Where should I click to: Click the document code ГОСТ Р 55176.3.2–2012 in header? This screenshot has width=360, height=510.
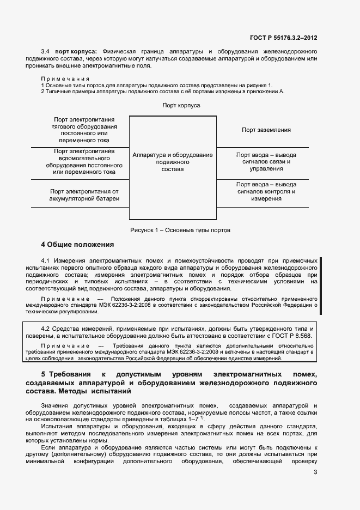(x=283, y=38)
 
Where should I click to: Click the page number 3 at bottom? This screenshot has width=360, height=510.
(x=315, y=472)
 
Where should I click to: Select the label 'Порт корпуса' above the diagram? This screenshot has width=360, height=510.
(x=181, y=105)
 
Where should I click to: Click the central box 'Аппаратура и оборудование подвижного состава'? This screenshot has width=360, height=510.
(x=172, y=162)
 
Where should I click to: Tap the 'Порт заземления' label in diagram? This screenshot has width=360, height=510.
(x=266, y=130)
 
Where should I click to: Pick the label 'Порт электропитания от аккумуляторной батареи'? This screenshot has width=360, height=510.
(x=84, y=195)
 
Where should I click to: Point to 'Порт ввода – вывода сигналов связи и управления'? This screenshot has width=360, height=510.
(x=266, y=162)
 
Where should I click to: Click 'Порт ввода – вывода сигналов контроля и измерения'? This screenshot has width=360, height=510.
(x=266, y=191)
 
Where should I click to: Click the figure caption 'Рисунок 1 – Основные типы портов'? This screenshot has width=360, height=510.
(x=180, y=230)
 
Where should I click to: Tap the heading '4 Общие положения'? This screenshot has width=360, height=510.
(x=77, y=244)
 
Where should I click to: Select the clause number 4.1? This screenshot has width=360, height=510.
(x=45, y=260)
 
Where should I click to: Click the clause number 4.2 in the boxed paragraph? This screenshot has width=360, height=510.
(x=45, y=329)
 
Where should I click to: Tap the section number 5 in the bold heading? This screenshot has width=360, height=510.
(x=44, y=375)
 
